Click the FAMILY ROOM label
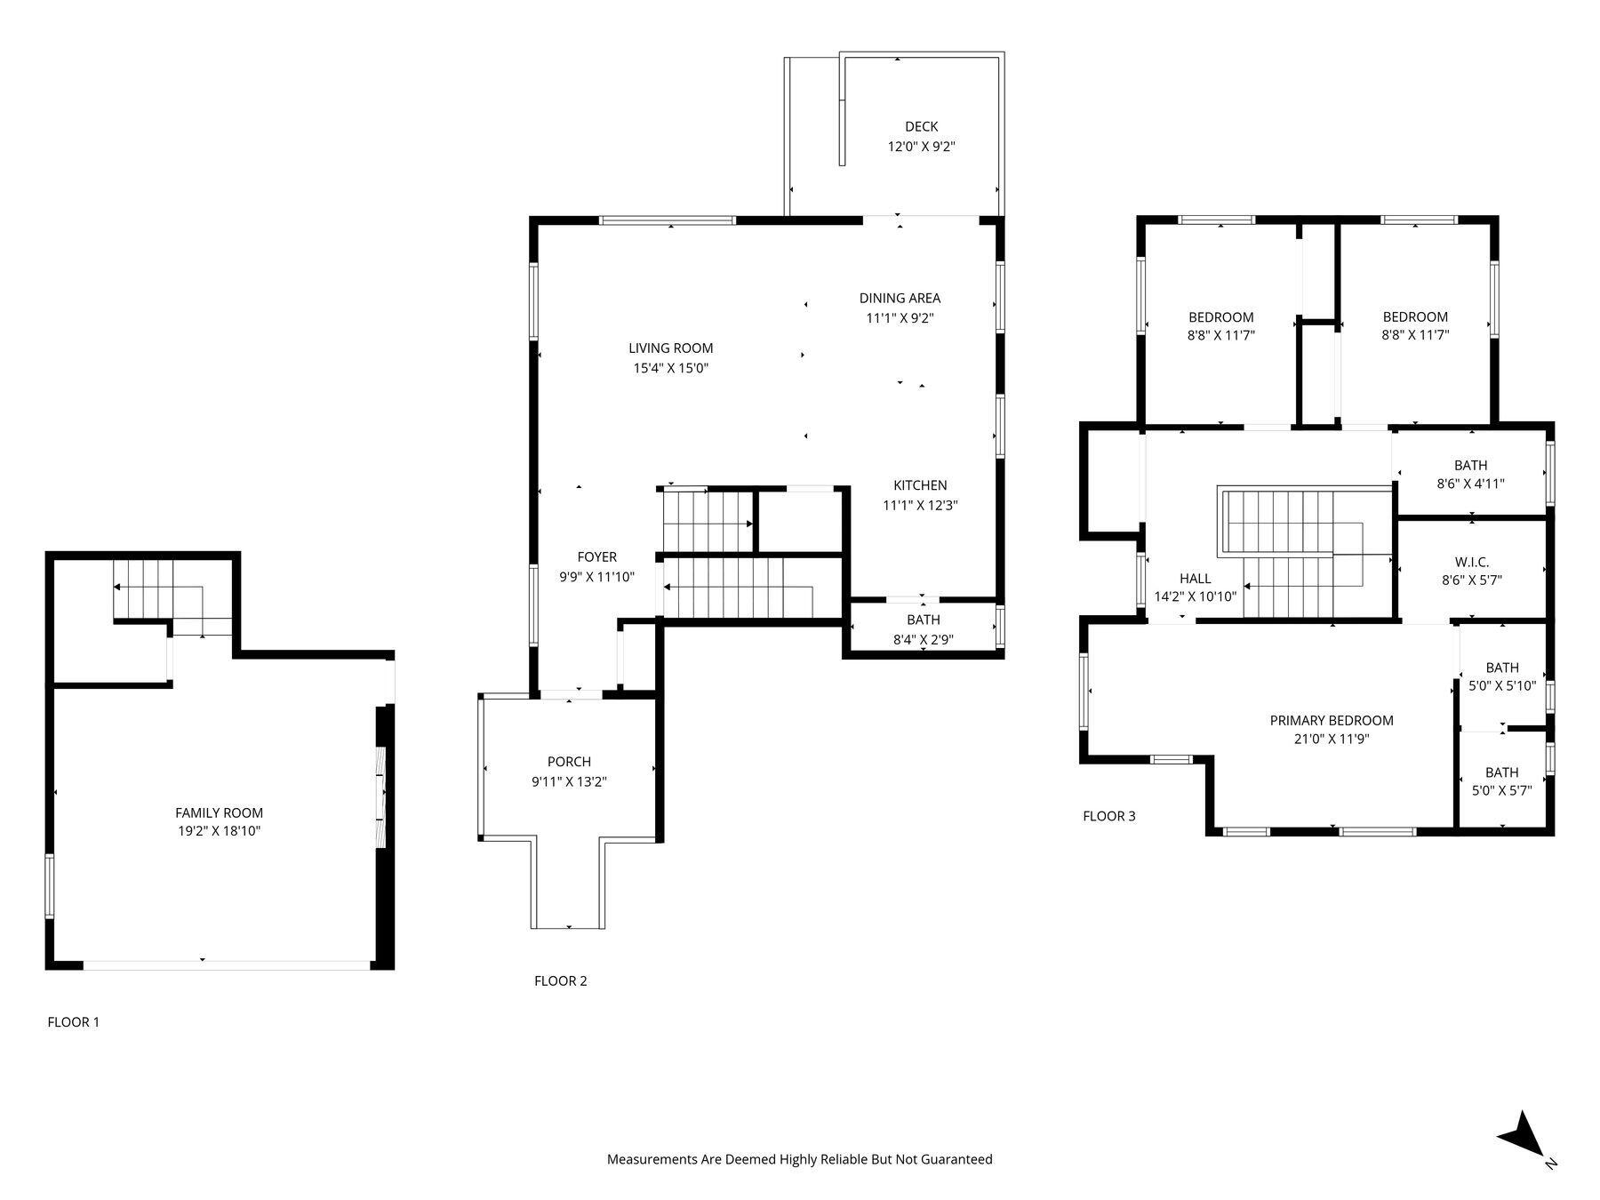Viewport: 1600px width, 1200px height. (x=219, y=812)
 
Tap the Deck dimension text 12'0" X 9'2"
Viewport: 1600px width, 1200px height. (x=921, y=147)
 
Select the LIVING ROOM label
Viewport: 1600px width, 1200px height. (x=670, y=348)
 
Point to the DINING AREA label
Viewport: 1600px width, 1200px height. (x=900, y=299)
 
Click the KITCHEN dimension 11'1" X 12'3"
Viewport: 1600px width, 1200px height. (x=920, y=505)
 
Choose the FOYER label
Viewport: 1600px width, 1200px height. (x=596, y=557)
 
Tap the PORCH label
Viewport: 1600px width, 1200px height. (x=569, y=762)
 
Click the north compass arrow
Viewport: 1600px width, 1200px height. (x=1524, y=1137)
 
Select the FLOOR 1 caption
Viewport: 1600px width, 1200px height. (x=74, y=1022)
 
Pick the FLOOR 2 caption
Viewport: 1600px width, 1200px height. (x=560, y=981)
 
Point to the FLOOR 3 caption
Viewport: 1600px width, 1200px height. (x=1108, y=816)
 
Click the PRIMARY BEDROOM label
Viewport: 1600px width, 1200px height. (x=1331, y=721)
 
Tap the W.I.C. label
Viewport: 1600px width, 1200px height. (x=1472, y=562)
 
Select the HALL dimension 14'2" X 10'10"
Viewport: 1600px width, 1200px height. (x=1195, y=597)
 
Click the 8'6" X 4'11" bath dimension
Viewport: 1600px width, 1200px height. (x=1470, y=484)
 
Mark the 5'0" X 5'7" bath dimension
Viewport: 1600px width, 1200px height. (x=1501, y=791)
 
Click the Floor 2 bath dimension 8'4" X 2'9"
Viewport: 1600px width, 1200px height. (x=923, y=639)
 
